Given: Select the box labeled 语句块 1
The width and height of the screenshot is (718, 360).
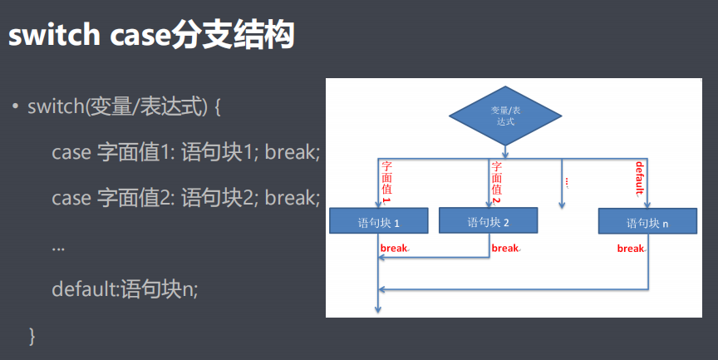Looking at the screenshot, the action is click(378, 222).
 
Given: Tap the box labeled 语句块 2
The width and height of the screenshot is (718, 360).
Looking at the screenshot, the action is click(488, 221).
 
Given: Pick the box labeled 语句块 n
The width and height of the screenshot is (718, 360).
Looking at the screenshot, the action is click(647, 222).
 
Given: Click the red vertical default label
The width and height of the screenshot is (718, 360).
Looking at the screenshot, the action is click(639, 178).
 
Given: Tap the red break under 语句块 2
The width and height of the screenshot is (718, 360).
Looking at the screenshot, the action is click(505, 248).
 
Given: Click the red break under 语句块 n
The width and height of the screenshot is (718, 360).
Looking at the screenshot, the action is click(632, 248).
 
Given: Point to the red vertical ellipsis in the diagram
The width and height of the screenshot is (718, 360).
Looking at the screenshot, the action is click(566, 181).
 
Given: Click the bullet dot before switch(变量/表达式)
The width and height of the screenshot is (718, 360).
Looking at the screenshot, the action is click(15, 107).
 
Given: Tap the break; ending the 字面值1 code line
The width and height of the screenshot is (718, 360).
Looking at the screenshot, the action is click(292, 152).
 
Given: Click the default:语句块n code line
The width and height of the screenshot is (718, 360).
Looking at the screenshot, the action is click(125, 289).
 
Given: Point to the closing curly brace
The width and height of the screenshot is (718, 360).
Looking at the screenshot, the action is click(32, 335).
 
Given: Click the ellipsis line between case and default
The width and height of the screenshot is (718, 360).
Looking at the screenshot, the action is click(58, 247).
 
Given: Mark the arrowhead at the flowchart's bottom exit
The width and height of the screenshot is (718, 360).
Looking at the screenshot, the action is click(378, 310).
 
